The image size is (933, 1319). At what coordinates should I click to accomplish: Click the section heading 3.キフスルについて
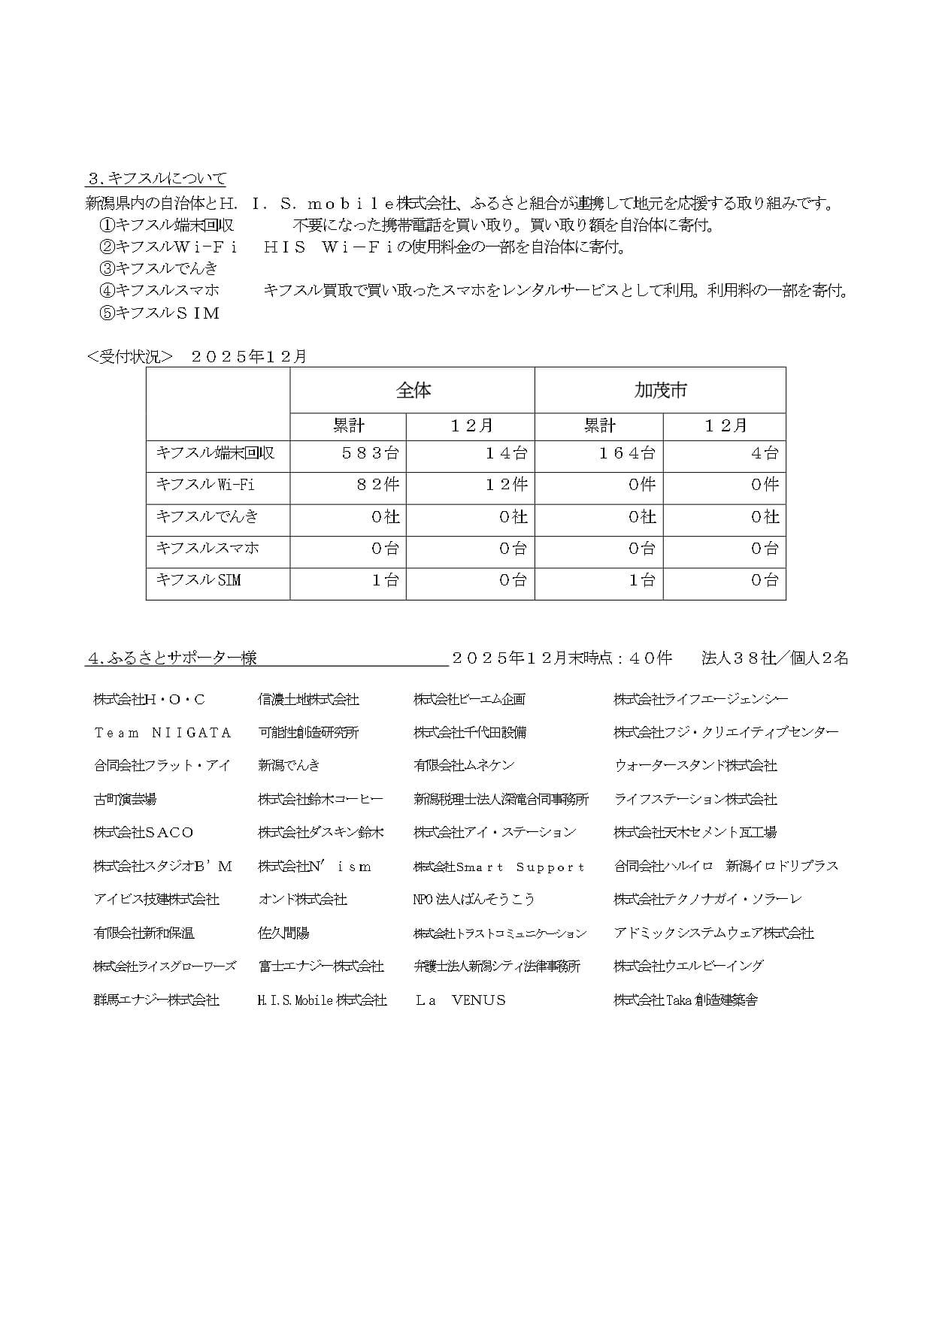tap(156, 179)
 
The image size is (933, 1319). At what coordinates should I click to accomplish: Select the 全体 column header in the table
tap(413, 390)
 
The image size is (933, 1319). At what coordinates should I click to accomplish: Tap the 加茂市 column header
tap(660, 390)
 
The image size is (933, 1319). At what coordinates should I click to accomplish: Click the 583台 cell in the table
tap(370, 453)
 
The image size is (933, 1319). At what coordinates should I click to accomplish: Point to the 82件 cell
tap(377, 485)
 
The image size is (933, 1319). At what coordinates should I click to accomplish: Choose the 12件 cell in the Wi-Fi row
tap(505, 485)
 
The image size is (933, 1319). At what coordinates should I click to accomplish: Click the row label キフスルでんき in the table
tap(207, 516)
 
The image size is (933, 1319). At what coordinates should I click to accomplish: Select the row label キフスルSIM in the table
tap(198, 580)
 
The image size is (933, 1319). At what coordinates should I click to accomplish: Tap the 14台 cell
tap(505, 453)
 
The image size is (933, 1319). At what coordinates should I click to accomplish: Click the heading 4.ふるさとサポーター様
tap(172, 658)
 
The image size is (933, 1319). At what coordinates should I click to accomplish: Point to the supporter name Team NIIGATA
tap(162, 733)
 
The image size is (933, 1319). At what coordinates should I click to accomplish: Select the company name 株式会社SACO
tap(144, 833)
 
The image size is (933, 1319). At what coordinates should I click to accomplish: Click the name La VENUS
tap(460, 1000)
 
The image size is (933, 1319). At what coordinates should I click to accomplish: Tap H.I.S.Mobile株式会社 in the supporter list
tap(322, 1000)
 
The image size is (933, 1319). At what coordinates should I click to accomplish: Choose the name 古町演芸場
tap(125, 800)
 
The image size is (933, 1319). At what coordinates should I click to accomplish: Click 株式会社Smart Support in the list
tap(498, 867)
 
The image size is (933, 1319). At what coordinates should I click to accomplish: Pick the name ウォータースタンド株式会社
tap(695, 766)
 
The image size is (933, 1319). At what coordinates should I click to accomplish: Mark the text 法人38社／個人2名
tap(774, 658)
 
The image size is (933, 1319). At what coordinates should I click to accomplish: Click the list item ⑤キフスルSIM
tap(159, 313)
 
